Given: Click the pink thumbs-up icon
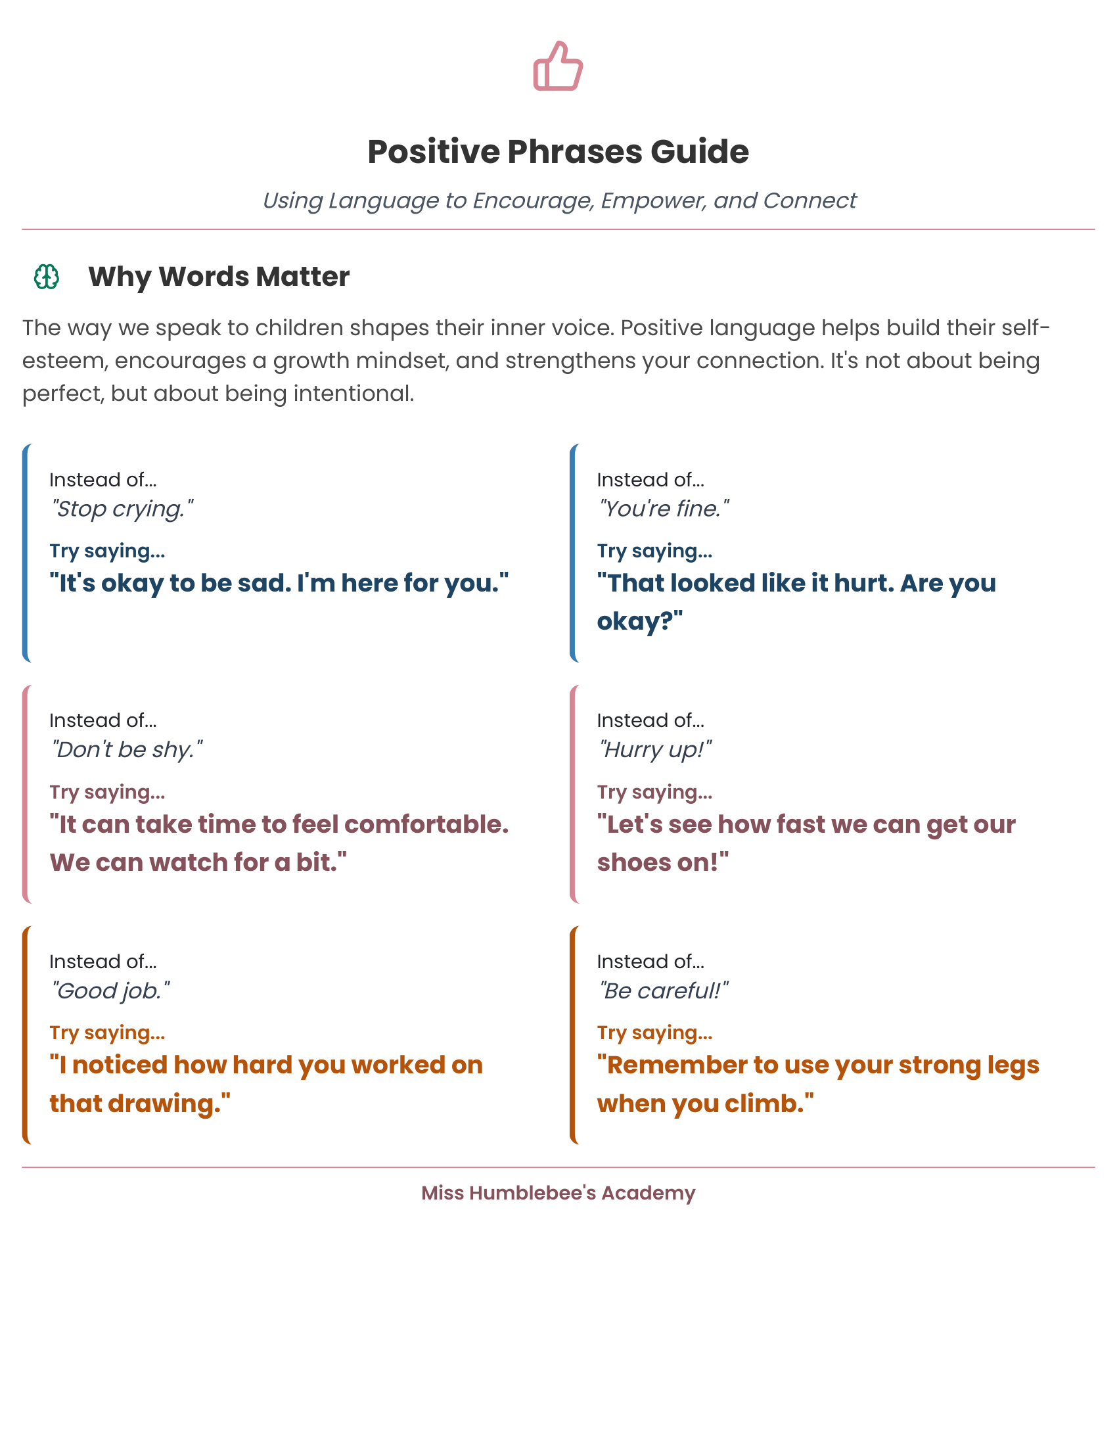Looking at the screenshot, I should pos(558,66).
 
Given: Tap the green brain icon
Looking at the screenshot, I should pos(46,277).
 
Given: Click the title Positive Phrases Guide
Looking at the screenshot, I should pos(558,152).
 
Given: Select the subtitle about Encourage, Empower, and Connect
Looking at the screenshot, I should pos(558,200).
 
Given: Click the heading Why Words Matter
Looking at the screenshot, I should pos(218,277).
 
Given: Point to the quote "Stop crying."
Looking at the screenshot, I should pos(122,509).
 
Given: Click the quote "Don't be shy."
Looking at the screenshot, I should pos(125,749).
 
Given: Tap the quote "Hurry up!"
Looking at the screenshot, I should pos(654,749).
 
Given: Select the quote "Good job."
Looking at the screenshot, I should pos(110,991).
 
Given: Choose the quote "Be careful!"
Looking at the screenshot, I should pos(662,991).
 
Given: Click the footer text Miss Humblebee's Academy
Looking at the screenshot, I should pos(558,1192).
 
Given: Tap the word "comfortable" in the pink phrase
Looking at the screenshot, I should pos(426,824).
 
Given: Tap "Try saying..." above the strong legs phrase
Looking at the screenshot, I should pos(654,1032).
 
